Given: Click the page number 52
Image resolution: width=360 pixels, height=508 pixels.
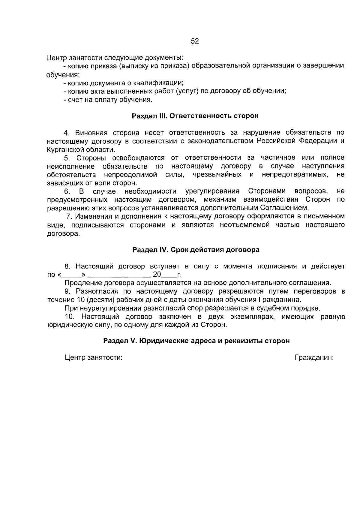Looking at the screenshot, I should (x=195, y=41).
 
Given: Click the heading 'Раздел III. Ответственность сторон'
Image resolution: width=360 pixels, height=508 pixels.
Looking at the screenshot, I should (x=195, y=116).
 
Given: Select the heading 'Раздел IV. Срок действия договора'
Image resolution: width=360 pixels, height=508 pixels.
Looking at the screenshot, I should (x=196, y=250).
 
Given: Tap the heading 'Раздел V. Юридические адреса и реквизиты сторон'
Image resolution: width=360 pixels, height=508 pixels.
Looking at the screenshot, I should (x=196, y=341).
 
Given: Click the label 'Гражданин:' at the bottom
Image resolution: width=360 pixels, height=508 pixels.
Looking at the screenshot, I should (x=314, y=358).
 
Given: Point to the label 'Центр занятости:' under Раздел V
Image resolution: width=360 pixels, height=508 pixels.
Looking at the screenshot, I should (x=94, y=358).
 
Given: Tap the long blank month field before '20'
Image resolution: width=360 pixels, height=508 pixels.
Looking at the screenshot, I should (x=120, y=275).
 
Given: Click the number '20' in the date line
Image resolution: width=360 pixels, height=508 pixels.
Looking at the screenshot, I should (x=157, y=274).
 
